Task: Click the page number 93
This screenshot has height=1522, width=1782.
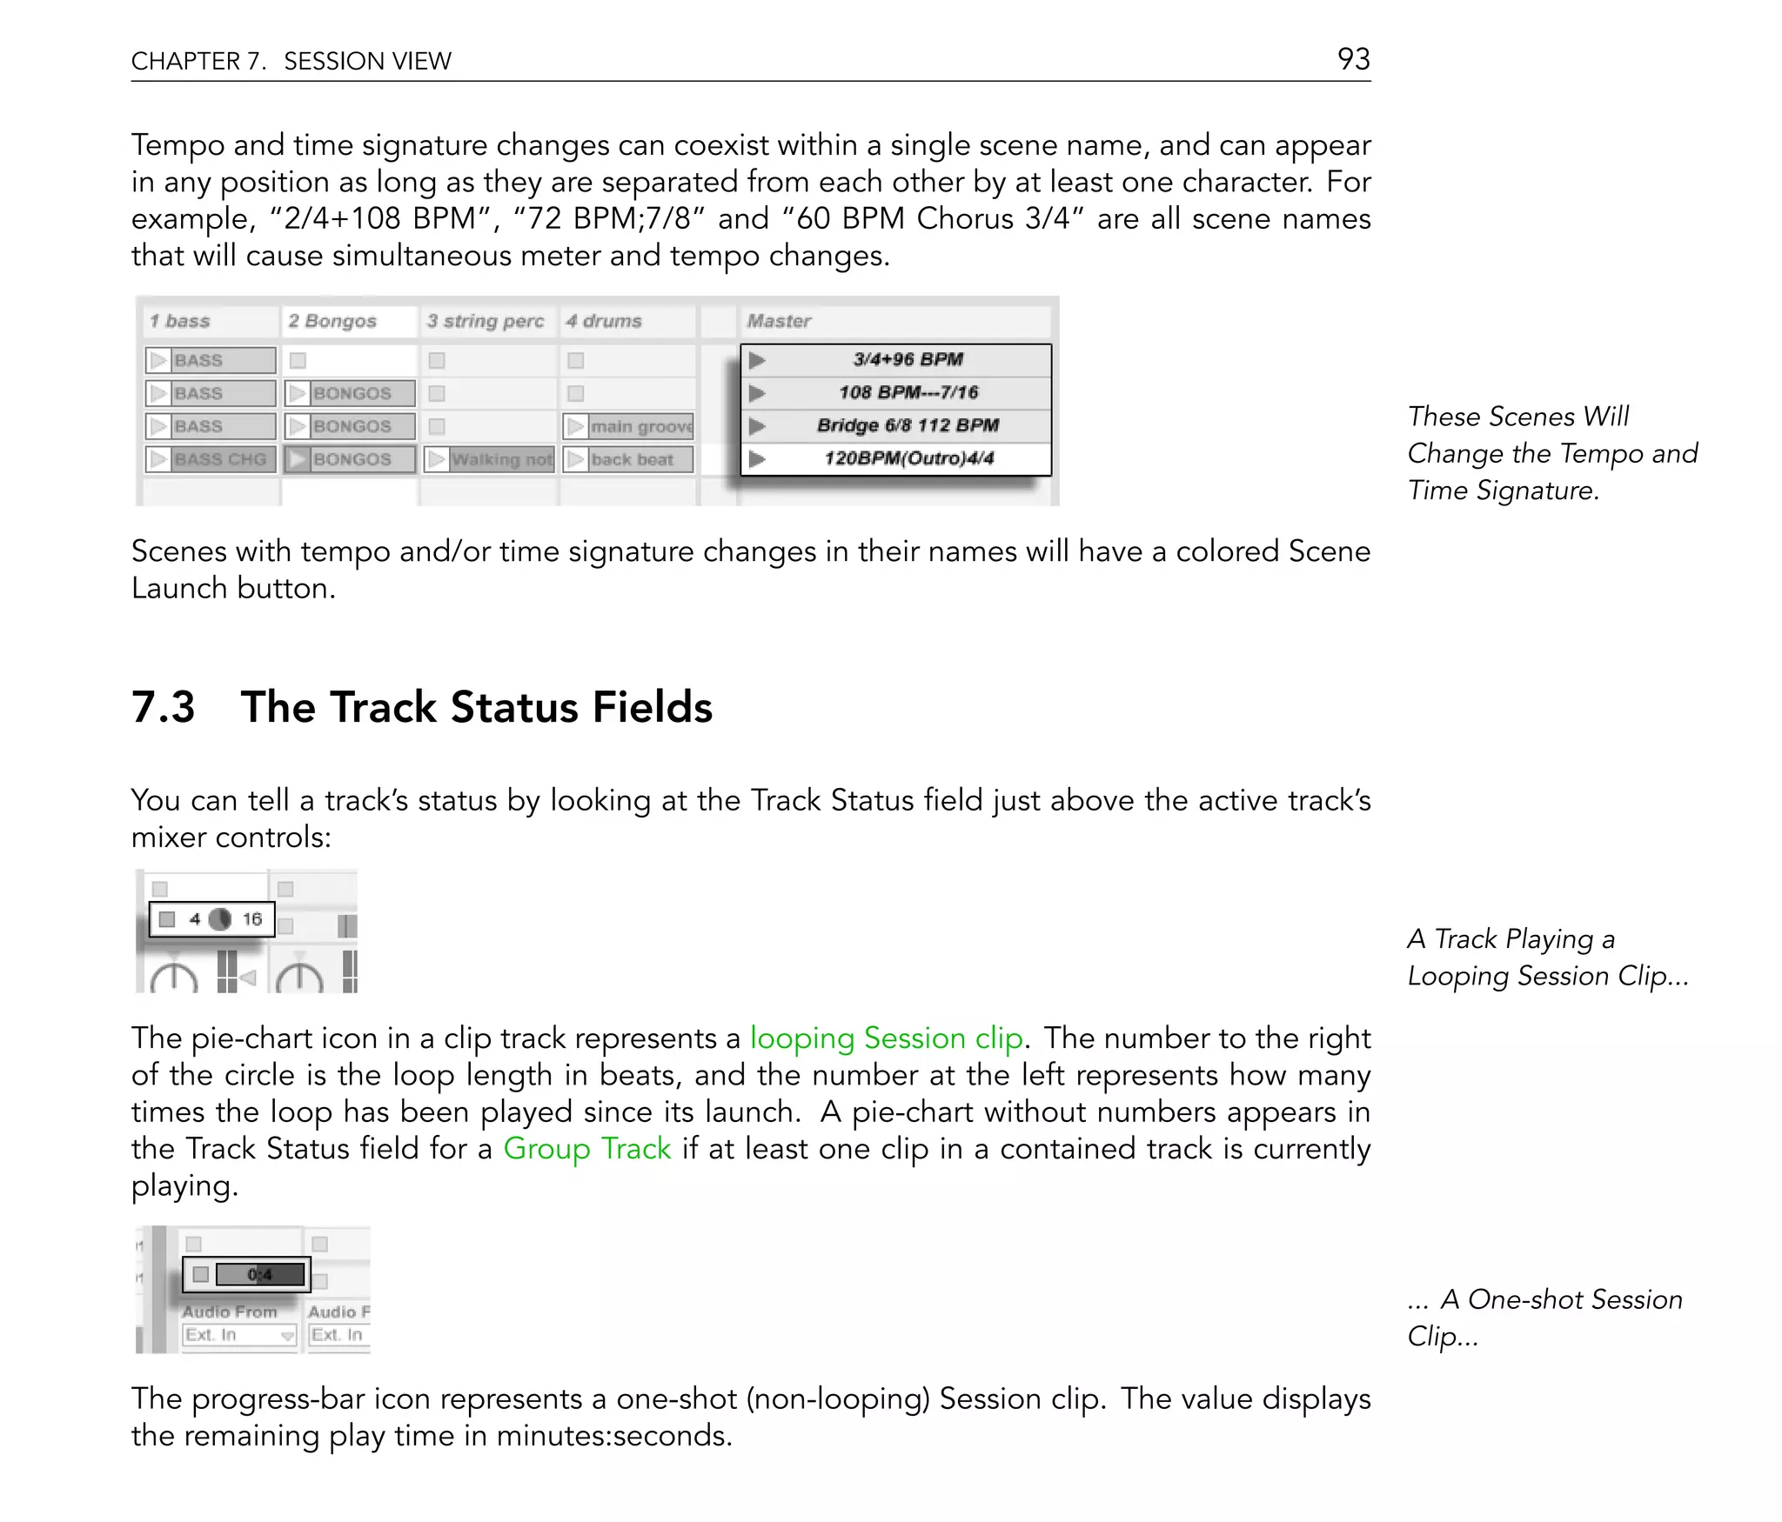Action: coord(1353,59)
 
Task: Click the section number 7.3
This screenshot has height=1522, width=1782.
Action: coord(163,706)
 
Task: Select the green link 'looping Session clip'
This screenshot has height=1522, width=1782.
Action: coord(886,1038)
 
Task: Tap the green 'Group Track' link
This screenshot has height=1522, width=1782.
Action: coord(587,1149)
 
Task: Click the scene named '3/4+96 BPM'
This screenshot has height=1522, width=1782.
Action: coord(907,359)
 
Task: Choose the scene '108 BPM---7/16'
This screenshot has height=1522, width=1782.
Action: coord(908,392)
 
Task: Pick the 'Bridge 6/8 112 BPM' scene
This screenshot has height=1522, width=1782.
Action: coord(908,425)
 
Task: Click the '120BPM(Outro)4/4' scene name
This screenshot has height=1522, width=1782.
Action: coord(908,458)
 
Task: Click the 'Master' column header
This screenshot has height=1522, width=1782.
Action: coord(779,321)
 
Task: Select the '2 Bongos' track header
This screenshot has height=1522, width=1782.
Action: coord(332,321)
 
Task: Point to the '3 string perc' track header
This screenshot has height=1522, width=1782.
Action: coord(485,321)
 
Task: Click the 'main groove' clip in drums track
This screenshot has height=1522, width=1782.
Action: coord(640,426)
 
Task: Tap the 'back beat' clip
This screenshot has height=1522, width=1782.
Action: coord(632,459)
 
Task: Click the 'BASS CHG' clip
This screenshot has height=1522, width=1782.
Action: coord(219,459)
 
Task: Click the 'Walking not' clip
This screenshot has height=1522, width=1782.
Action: coord(500,459)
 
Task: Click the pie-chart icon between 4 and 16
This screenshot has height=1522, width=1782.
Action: coord(220,919)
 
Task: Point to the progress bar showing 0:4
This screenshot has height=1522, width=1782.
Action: coord(259,1274)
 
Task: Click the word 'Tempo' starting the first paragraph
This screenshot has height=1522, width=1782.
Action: coord(177,145)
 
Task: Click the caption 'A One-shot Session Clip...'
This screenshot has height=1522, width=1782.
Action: coord(1544,1317)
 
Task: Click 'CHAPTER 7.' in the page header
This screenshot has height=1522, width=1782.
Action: coord(198,61)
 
